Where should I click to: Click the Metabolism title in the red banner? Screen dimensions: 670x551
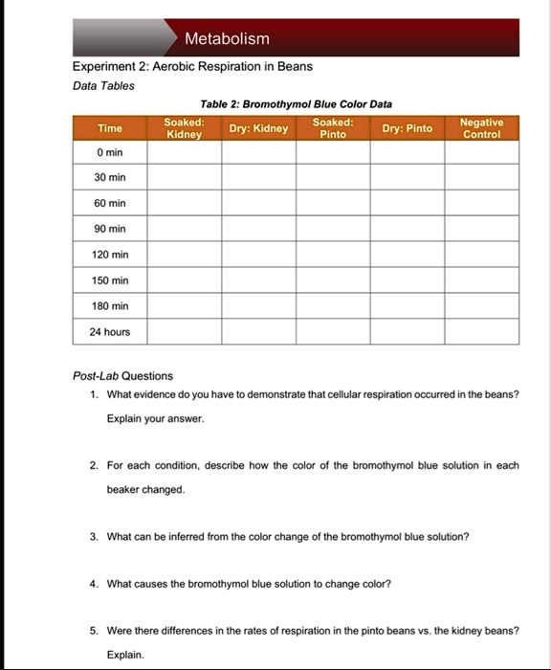click(x=227, y=39)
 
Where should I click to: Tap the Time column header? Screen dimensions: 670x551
click(x=110, y=128)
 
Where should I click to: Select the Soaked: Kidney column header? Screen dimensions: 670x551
click(x=184, y=128)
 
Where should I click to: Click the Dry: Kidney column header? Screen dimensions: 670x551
click(x=258, y=128)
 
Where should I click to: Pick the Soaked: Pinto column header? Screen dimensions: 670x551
click(x=332, y=128)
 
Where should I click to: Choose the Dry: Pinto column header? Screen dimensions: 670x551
click(x=407, y=128)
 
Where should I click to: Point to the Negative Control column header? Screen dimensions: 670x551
click(x=481, y=128)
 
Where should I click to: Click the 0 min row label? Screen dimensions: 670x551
click(x=110, y=152)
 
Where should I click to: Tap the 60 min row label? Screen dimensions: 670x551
click(x=110, y=204)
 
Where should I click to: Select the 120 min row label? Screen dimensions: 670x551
click(x=110, y=255)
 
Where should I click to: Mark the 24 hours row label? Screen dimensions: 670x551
click(x=110, y=332)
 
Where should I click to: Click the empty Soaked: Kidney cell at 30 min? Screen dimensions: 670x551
click(x=184, y=178)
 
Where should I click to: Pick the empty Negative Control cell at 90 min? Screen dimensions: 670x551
click(x=481, y=230)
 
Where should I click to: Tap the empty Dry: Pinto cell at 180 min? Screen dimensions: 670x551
click(x=407, y=306)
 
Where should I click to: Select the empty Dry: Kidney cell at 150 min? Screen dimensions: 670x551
click(x=258, y=280)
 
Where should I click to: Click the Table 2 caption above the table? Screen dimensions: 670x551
click(x=296, y=103)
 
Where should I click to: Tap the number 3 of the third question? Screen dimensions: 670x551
click(x=93, y=537)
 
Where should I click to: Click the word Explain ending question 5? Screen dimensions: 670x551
click(x=124, y=656)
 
